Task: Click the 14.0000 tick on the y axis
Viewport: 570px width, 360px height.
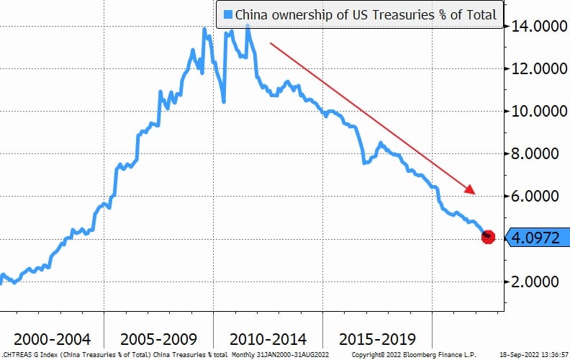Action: click(537, 27)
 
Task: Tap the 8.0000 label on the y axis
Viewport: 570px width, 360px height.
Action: click(540, 154)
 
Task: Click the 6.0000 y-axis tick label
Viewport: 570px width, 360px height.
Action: click(540, 196)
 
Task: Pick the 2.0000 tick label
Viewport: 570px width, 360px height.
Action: click(540, 282)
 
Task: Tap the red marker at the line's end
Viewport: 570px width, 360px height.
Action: click(488, 237)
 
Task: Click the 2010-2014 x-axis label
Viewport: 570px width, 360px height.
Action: click(268, 338)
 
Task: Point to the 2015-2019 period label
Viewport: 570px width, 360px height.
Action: click(376, 338)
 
